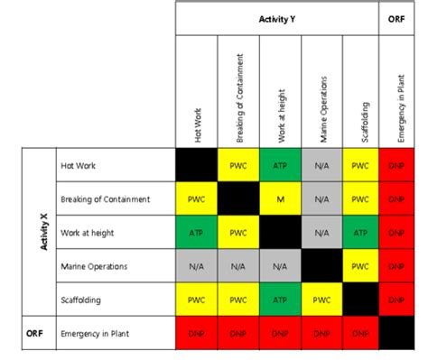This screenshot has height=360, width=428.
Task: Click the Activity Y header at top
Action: click(x=277, y=17)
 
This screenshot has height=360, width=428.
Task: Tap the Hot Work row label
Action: click(x=79, y=165)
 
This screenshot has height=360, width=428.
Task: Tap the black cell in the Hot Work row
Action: click(x=197, y=165)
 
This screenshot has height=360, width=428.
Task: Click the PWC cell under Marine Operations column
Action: click(x=320, y=299)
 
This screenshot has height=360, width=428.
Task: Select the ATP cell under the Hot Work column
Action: click(x=197, y=232)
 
